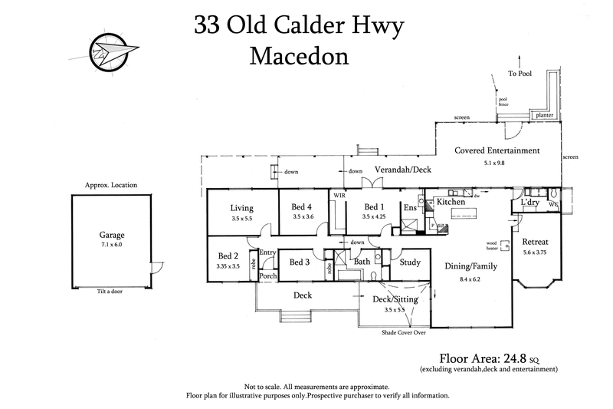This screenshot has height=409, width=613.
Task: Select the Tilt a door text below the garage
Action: [x=112, y=292]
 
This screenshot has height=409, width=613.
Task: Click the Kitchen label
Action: [x=451, y=202]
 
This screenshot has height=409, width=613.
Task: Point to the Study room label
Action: [x=410, y=262]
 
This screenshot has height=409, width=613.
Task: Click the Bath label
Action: [x=362, y=262]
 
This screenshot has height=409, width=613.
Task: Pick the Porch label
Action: [x=268, y=276]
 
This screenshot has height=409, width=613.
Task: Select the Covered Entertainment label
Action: [x=497, y=151]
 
